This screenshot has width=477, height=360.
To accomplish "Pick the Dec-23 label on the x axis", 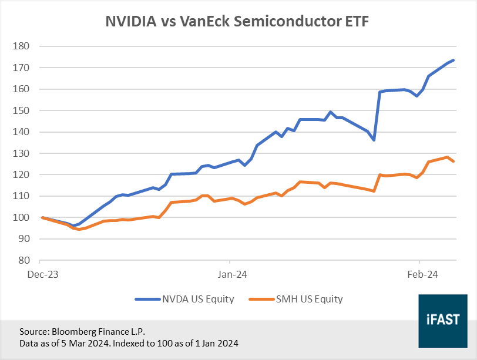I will pyautogui.click(x=41, y=274).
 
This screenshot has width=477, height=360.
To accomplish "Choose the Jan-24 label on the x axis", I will pyautogui.click(x=230, y=274).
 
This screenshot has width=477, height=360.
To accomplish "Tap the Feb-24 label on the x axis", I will pyautogui.click(x=419, y=274).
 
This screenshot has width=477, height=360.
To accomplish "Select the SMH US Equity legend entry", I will pyautogui.click(x=308, y=299).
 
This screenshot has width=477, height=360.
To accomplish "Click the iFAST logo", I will pyautogui.click(x=442, y=319).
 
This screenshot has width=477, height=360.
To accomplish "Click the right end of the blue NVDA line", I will pyautogui.click(x=453, y=60).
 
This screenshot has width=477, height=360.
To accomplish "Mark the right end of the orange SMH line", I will pyautogui.click(x=453, y=161).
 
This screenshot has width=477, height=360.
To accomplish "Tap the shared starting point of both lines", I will pyautogui.click(x=42, y=217).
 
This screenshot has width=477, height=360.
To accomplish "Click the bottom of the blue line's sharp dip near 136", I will pyautogui.click(x=374, y=140).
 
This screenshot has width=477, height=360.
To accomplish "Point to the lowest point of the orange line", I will pyautogui.click(x=79, y=229).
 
